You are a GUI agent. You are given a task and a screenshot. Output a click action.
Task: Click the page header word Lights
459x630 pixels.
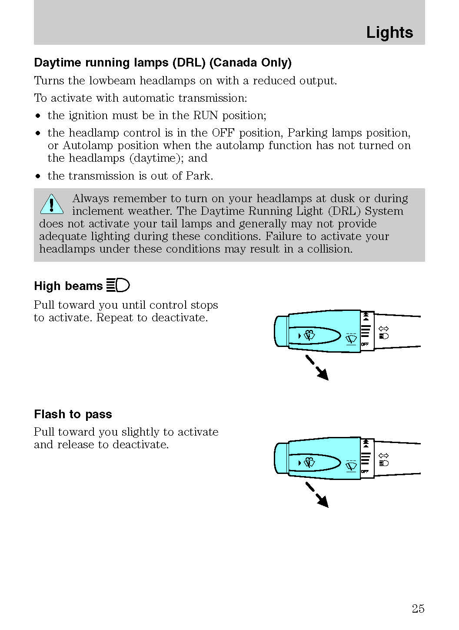click(389, 33)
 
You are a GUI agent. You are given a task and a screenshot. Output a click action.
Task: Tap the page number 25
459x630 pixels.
click(418, 609)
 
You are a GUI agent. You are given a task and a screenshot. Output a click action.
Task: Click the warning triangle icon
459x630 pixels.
click(52, 204)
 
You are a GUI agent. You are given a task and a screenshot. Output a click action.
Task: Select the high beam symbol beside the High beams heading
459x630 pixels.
click(118, 285)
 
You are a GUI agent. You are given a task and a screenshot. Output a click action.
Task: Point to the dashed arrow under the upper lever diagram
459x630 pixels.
click(317, 367)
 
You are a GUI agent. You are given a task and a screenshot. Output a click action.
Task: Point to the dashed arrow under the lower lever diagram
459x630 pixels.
click(317, 494)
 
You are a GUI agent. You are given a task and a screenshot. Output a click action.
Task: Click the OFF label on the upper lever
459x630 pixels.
click(365, 344)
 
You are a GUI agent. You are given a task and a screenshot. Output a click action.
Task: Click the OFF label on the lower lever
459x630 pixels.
click(365, 471)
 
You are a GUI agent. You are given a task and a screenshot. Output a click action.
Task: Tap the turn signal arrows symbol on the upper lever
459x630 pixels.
click(383, 329)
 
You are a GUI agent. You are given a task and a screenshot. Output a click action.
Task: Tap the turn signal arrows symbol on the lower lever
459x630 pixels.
click(383, 456)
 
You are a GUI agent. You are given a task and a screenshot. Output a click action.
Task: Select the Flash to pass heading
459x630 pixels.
click(73, 414)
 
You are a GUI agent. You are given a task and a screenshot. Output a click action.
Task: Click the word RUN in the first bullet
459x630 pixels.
click(206, 116)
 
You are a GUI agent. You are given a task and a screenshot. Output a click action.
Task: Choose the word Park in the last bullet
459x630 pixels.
click(199, 176)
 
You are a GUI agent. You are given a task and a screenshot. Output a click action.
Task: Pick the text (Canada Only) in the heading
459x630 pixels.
click(250, 63)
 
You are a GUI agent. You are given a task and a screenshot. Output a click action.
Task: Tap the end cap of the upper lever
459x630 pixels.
click(281, 331)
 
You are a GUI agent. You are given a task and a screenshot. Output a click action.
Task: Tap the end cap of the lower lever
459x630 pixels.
click(281, 458)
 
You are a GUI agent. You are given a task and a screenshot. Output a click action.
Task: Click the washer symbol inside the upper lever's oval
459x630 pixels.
click(309, 335)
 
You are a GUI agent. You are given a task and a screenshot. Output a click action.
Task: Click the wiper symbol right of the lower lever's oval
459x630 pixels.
click(351, 466)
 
